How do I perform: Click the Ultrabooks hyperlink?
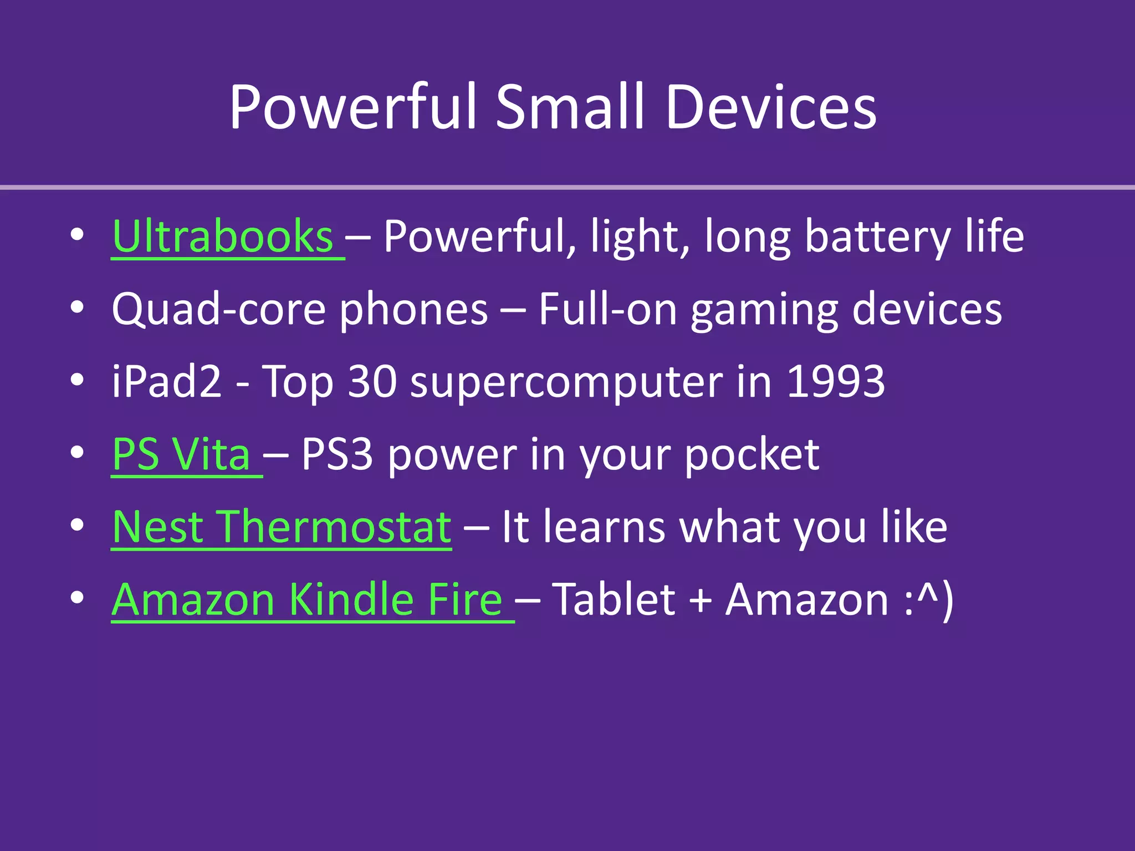pos(222,237)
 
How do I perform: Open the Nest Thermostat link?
pos(282,527)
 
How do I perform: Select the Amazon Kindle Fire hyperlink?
pos(307,600)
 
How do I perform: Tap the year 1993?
pos(836,382)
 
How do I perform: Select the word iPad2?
pos(166,382)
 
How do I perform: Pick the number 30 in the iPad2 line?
pos(372,382)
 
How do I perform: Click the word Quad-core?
pos(218,310)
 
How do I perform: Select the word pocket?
pos(752,455)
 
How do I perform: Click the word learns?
pos(604,527)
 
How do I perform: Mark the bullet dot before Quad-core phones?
pos(78,307)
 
